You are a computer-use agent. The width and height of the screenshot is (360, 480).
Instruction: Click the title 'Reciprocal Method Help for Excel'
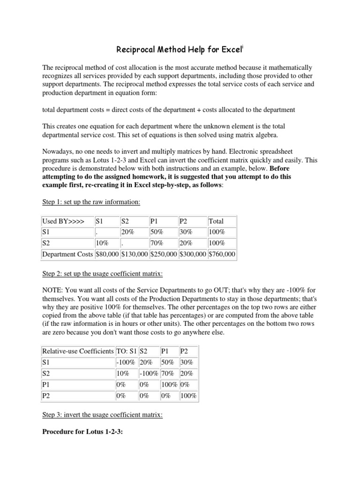click(180, 50)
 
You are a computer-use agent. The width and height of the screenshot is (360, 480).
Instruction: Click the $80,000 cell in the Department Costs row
click(107, 254)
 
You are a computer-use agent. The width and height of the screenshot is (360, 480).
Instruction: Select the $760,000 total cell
click(222, 254)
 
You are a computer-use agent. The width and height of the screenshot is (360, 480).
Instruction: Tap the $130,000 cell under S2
click(134, 254)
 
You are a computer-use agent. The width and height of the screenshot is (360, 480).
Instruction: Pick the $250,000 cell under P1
click(164, 254)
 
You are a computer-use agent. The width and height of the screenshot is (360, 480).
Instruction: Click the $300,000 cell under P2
click(193, 254)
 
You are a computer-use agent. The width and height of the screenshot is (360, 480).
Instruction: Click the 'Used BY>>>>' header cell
click(63, 221)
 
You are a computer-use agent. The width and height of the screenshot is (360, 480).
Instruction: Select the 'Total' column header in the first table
click(216, 221)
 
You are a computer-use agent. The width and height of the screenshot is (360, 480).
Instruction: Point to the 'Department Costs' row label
click(67, 254)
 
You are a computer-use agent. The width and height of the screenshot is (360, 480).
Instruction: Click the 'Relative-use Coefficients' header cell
click(78, 351)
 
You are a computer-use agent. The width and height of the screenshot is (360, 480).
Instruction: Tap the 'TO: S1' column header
click(126, 351)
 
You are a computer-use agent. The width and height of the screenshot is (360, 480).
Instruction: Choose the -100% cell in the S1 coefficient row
click(126, 362)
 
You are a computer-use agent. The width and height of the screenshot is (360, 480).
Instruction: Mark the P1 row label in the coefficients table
click(46, 384)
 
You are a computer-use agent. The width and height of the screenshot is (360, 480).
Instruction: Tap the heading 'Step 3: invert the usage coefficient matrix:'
click(102, 415)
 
